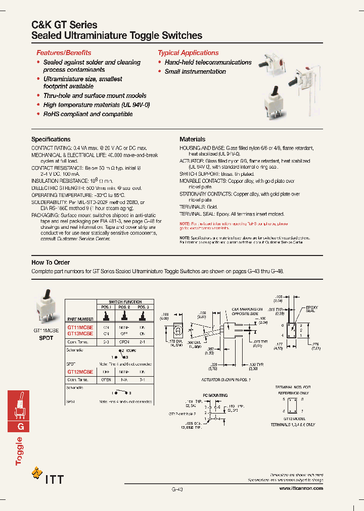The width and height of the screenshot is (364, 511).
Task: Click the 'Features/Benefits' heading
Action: pyautogui.click(x=64, y=53)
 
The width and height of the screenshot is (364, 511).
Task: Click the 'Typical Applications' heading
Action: pyautogui.click(x=188, y=53)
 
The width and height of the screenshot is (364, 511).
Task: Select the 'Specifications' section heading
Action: pyautogui.click(x=51, y=139)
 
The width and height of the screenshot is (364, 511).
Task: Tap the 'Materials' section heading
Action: pyautogui.click(x=192, y=139)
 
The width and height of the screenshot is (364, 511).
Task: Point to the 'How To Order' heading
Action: pyautogui.click(x=51, y=263)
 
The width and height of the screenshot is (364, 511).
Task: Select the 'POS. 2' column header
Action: pyautogui.click(x=124, y=307)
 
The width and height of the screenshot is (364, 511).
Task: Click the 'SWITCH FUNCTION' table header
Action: pyautogui.click(x=125, y=301)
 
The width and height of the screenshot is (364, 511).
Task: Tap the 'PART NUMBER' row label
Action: pyautogui.click(x=81, y=319)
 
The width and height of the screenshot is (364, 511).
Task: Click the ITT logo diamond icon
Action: pyautogui.click(x=37, y=473)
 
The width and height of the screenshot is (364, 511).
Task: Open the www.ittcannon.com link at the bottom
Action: pyautogui.click(x=301, y=488)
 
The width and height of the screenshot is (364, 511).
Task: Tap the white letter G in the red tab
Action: pyautogui.click(x=21, y=426)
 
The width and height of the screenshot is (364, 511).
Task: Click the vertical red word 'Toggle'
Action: pyautogui.click(x=19, y=451)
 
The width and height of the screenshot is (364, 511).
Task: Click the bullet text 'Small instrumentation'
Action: pyautogui.click(x=195, y=72)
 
